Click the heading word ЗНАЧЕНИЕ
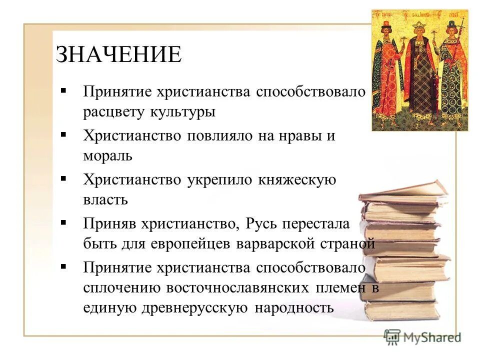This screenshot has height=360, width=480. point(118,54)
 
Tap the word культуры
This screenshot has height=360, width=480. point(182,111)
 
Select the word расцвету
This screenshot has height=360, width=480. point(113,111)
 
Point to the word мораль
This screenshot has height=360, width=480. point(107,155)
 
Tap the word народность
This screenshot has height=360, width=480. point(294,307)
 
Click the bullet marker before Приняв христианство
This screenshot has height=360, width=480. point(63,222)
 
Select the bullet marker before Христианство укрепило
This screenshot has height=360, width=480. point(63,178)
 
